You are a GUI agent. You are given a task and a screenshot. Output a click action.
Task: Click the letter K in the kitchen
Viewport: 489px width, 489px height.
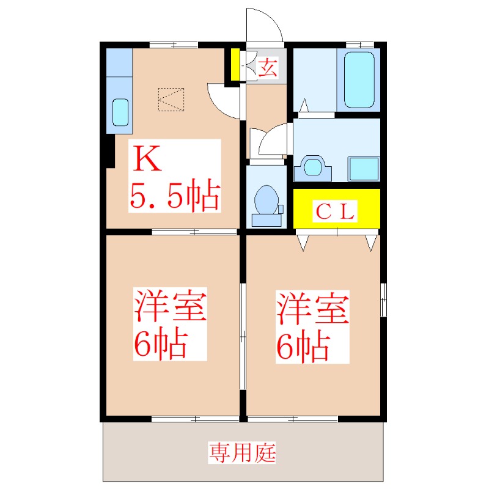click(147, 160)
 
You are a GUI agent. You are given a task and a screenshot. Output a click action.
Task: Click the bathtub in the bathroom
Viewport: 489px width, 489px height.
click(359, 79)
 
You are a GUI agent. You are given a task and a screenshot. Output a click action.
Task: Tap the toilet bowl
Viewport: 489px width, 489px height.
click(266, 200)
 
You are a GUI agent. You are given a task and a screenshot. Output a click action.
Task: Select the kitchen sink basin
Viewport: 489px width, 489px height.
click(120, 112)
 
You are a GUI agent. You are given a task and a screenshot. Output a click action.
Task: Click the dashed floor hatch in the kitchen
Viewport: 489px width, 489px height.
click(171, 100)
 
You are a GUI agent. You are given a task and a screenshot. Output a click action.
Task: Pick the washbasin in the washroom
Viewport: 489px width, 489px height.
click(313, 166)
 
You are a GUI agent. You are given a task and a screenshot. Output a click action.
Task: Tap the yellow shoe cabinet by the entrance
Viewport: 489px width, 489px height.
click(235, 65)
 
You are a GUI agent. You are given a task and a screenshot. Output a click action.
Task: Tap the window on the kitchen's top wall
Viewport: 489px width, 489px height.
click(173, 44)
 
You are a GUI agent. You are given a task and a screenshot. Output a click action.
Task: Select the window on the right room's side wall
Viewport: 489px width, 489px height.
click(383, 300)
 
